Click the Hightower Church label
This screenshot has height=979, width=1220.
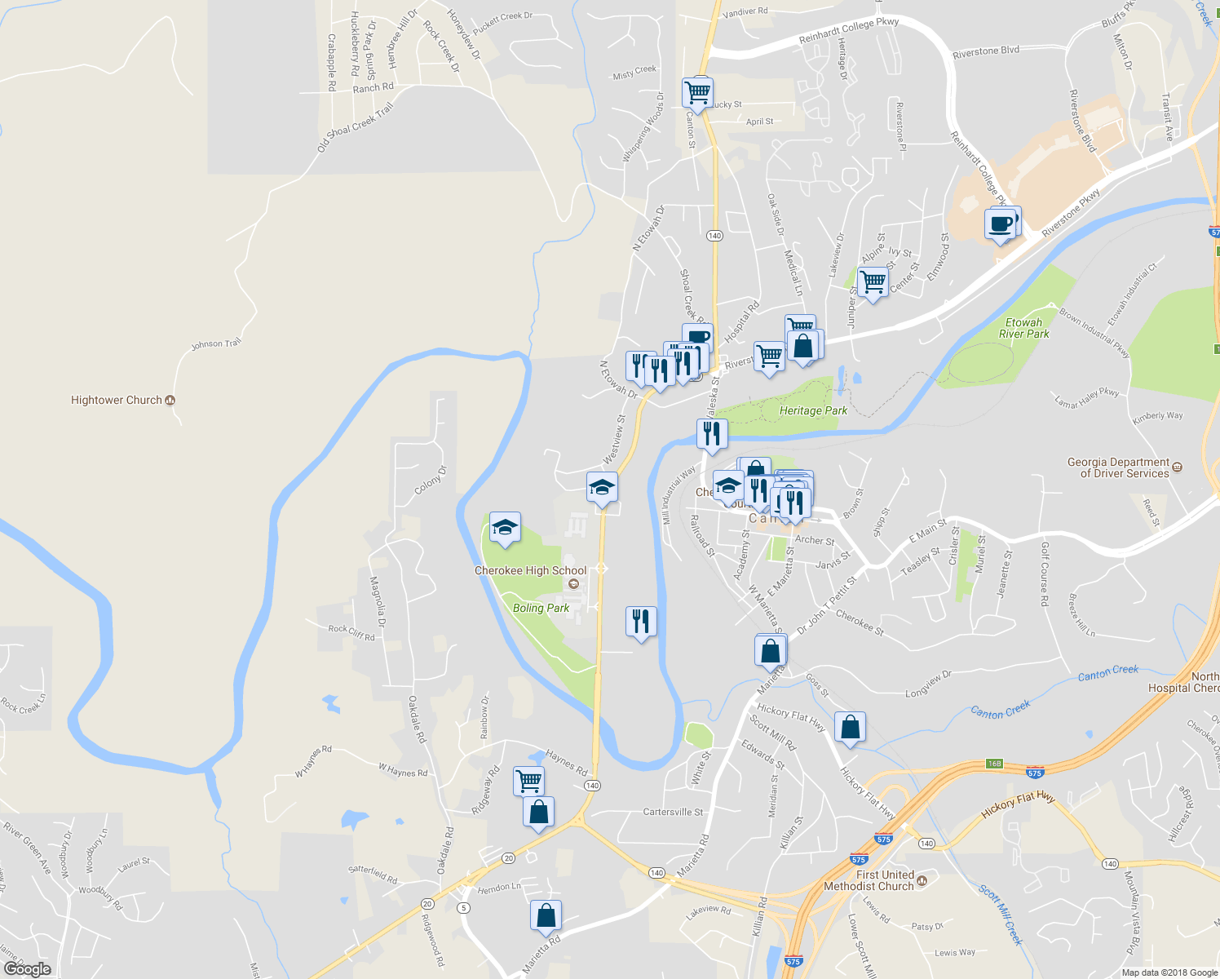tap(117, 400)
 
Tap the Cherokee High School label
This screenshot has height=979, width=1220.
tap(530, 571)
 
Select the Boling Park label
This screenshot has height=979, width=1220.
tap(541, 608)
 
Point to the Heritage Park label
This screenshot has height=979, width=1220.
tap(813, 410)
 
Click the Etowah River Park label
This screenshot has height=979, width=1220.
tap(1023, 328)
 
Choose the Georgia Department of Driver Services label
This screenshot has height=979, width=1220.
tap(1118, 467)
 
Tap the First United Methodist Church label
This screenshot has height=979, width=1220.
tap(869, 880)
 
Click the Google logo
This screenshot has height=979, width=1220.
tap(28, 969)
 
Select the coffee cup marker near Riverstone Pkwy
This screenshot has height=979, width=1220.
tap(1001, 223)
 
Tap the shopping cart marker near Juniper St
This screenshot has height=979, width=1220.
tap(873, 282)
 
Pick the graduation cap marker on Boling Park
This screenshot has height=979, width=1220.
tap(505, 528)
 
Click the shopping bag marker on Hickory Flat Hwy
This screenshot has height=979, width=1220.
tap(850, 727)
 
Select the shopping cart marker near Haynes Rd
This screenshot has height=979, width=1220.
tap(528, 781)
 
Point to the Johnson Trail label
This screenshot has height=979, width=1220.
tap(216, 344)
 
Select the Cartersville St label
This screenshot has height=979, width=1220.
tap(673, 812)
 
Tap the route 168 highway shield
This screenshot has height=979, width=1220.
tap(993, 764)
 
